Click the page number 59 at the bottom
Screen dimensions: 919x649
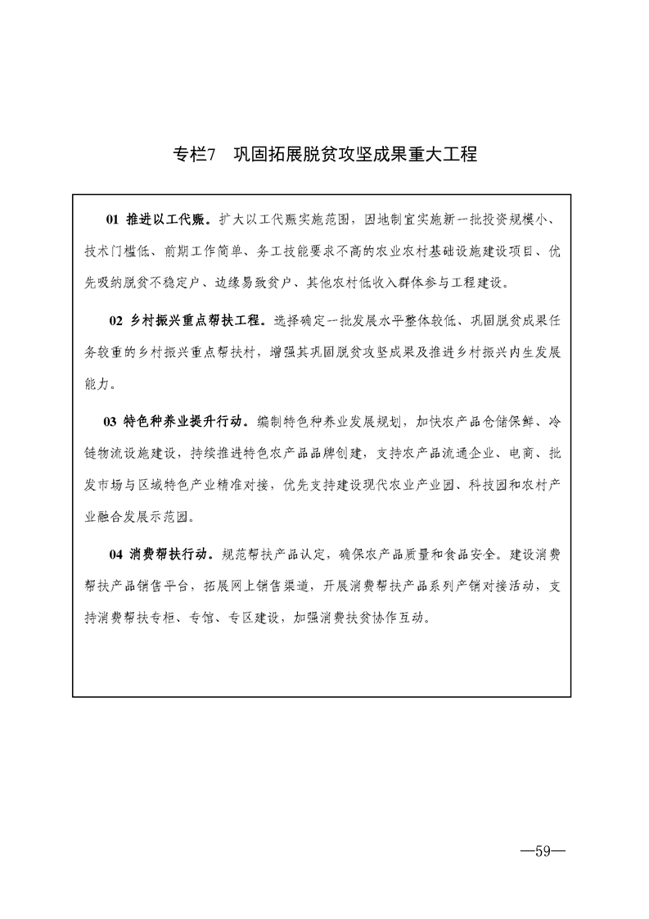pos(543,851)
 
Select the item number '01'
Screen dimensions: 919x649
pos(113,220)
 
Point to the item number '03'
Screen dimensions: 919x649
pos(110,422)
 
